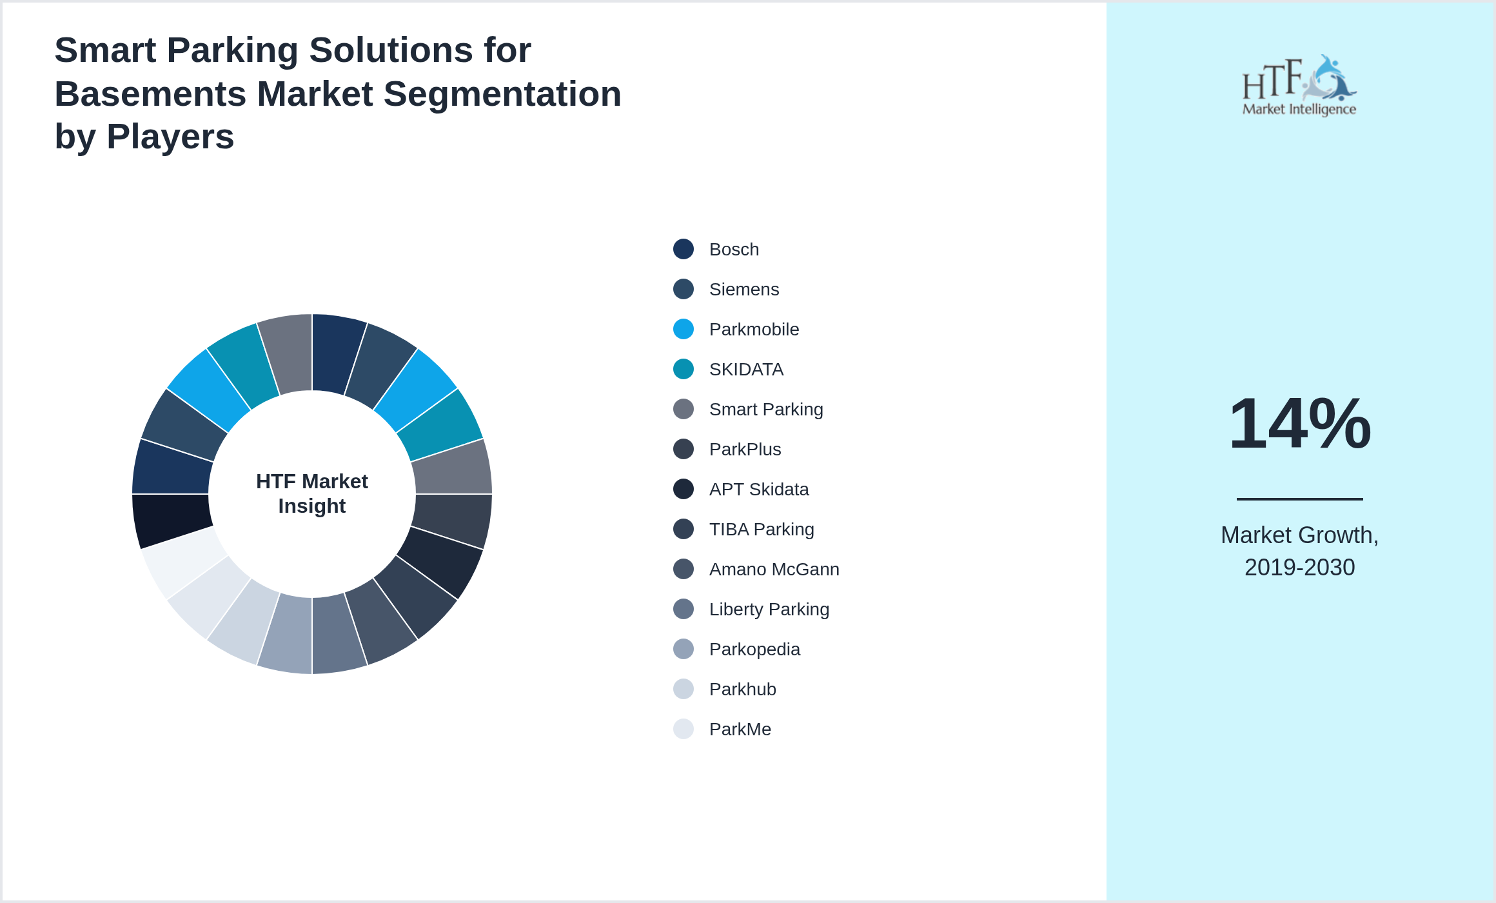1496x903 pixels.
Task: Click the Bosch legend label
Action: coord(734,250)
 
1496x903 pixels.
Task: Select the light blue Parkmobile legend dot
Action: coord(684,329)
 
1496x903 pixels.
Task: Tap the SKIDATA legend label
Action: coord(746,370)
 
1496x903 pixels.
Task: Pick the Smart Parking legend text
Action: coord(766,410)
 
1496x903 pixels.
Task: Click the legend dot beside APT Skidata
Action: coord(684,489)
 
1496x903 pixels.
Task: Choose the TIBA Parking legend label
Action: coord(762,530)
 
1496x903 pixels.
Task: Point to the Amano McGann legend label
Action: coord(774,570)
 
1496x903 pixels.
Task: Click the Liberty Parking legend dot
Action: coord(684,609)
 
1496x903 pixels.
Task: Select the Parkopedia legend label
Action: coord(754,650)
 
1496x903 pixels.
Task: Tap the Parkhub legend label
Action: coord(742,690)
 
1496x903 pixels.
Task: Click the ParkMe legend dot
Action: coord(684,729)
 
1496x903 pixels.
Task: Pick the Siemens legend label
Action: coord(744,290)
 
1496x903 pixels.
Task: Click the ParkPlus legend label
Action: coord(745,450)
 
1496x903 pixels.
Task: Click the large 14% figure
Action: coord(1299,424)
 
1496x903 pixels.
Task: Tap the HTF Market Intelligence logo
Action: coord(1299,86)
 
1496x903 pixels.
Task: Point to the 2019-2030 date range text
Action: coord(1299,568)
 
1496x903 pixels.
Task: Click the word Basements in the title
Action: coord(150,94)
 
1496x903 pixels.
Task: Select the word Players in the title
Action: coord(170,137)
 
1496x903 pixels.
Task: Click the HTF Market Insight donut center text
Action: coord(312,493)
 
